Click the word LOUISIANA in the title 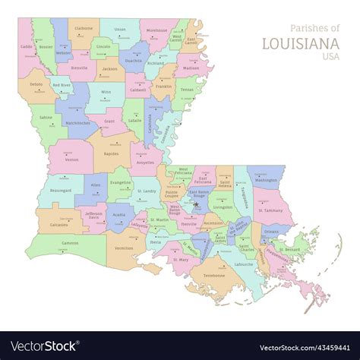pos(302,43)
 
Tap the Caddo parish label pos(27,46)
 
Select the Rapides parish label pos(112,153)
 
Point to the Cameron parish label pos(70,243)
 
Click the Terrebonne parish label pos(214,276)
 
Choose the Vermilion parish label pos(124,248)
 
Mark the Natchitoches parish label pos(78,121)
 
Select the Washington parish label pos(267,181)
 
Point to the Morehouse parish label pos(157,30)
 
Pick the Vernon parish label pos(71,159)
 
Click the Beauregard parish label pos(60,191)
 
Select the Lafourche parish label pos(245,264)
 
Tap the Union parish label pos(120,30)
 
